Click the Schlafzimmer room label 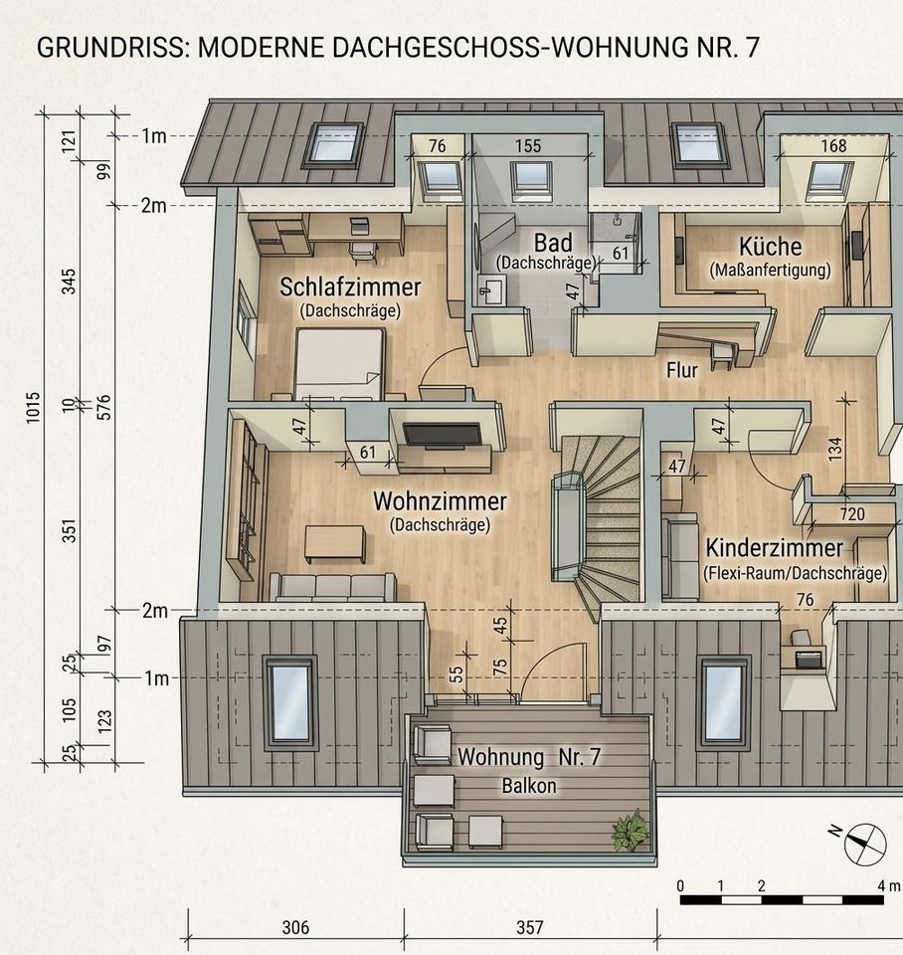click(350, 286)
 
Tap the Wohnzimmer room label click(440, 501)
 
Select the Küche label click(771, 247)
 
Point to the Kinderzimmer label click(774, 547)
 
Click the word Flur click(682, 370)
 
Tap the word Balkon click(529, 786)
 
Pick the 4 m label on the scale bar click(888, 885)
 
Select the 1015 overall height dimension click(34, 408)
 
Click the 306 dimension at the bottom click(296, 927)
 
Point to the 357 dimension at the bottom click(530, 927)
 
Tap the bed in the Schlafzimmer click(340, 364)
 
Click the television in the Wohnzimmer click(443, 435)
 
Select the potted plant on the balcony click(631, 830)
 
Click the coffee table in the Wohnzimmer click(335, 544)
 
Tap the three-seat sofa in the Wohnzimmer click(332, 587)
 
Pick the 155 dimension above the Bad click(528, 146)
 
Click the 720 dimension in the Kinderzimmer click(852, 514)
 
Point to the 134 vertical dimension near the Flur click(834, 448)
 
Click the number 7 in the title click(752, 48)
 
